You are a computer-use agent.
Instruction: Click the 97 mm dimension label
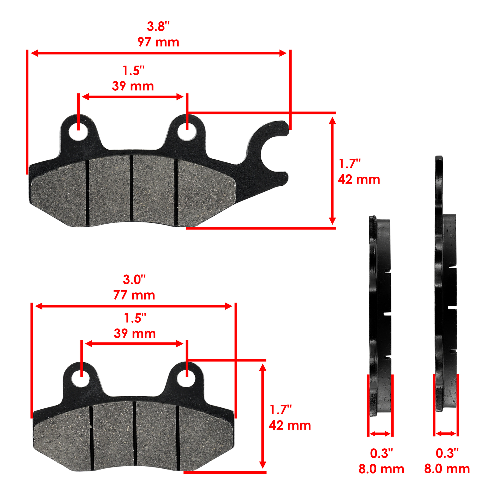pyautogui.click(x=158, y=42)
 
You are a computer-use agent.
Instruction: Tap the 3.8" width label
pyautogui.click(x=158, y=27)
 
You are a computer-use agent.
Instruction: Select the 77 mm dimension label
pyautogui.click(x=134, y=295)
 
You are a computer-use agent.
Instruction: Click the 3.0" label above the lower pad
pyautogui.click(x=134, y=280)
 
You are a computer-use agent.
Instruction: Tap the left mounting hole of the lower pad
pyautogui.click(x=81, y=378)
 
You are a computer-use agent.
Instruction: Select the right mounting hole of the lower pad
pyautogui.click(x=187, y=378)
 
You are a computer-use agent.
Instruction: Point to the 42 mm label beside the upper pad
pyautogui.click(x=359, y=179)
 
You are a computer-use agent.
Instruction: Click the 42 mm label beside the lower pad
pyautogui.click(x=290, y=425)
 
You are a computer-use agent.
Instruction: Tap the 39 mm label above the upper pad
pyautogui.click(x=133, y=86)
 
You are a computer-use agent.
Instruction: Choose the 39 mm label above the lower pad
pyautogui.click(x=135, y=334)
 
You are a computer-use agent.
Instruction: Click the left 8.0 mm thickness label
pyautogui.click(x=381, y=469)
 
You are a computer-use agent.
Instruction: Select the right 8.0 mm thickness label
pyautogui.click(x=447, y=469)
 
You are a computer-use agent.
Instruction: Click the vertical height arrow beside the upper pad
pyautogui.click(x=332, y=171)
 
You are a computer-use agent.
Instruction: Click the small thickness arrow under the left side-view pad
pyautogui.click(x=380, y=434)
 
